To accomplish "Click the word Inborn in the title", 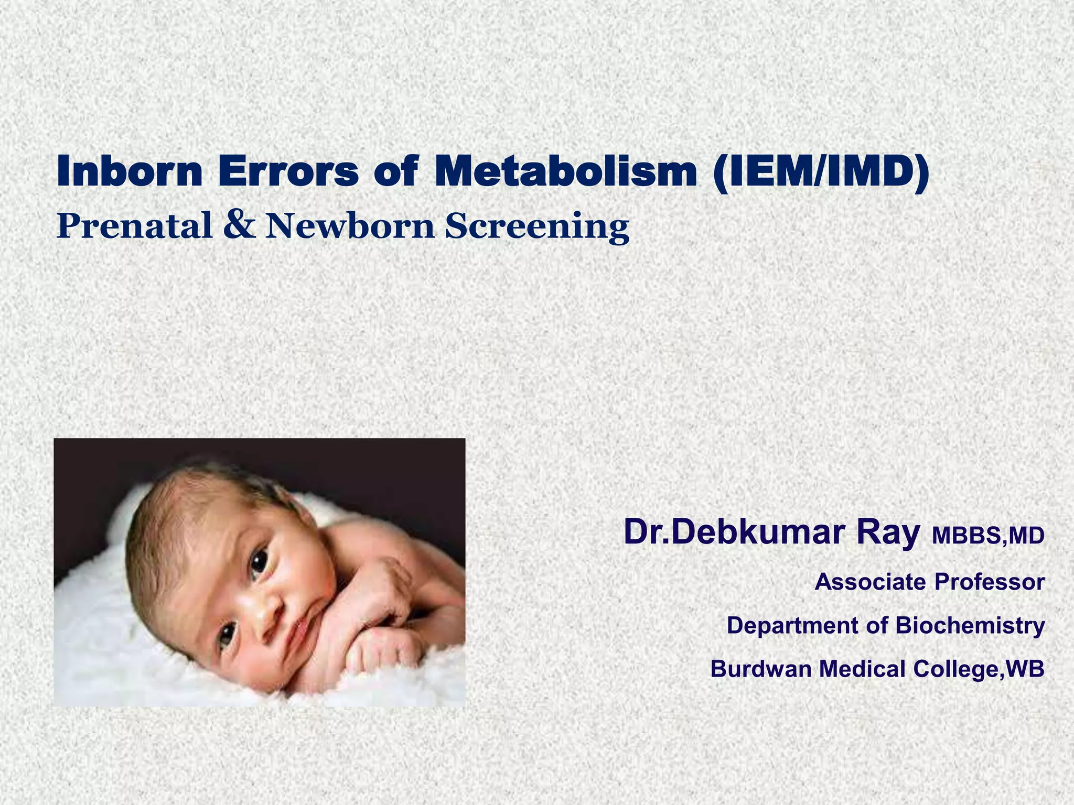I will pyautogui.click(x=129, y=172).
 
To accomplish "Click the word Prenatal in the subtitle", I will pyautogui.click(x=134, y=226).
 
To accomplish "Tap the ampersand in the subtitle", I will pyautogui.click(x=239, y=224).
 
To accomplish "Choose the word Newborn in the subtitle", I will pyautogui.click(x=350, y=226).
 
